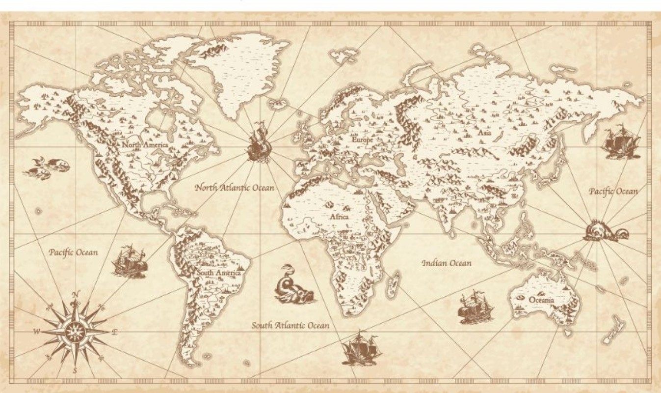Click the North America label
click(145, 145)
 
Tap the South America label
click(219, 273)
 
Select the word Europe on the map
click(363, 140)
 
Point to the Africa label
click(339, 217)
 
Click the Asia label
click(484, 133)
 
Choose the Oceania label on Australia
click(541, 300)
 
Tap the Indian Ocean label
click(447, 263)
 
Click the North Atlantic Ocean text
click(235, 187)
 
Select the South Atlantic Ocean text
click(291, 325)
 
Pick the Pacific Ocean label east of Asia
click(613, 191)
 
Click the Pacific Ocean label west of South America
click(73, 253)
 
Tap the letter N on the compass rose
click(75, 294)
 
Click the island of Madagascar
click(393, 286)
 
